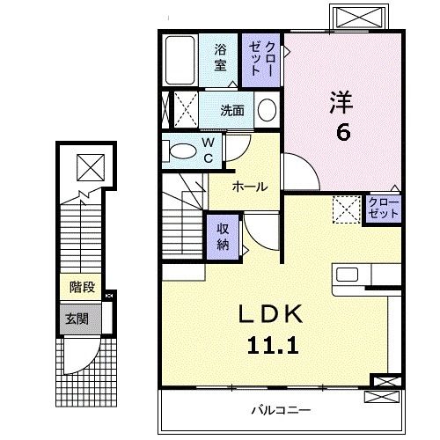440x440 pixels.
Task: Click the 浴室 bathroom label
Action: pos(220,58)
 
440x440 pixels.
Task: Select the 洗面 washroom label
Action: pos(232,111)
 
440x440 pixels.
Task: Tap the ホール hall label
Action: pos(250,187)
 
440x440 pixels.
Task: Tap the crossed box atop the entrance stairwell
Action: pos(88,165)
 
